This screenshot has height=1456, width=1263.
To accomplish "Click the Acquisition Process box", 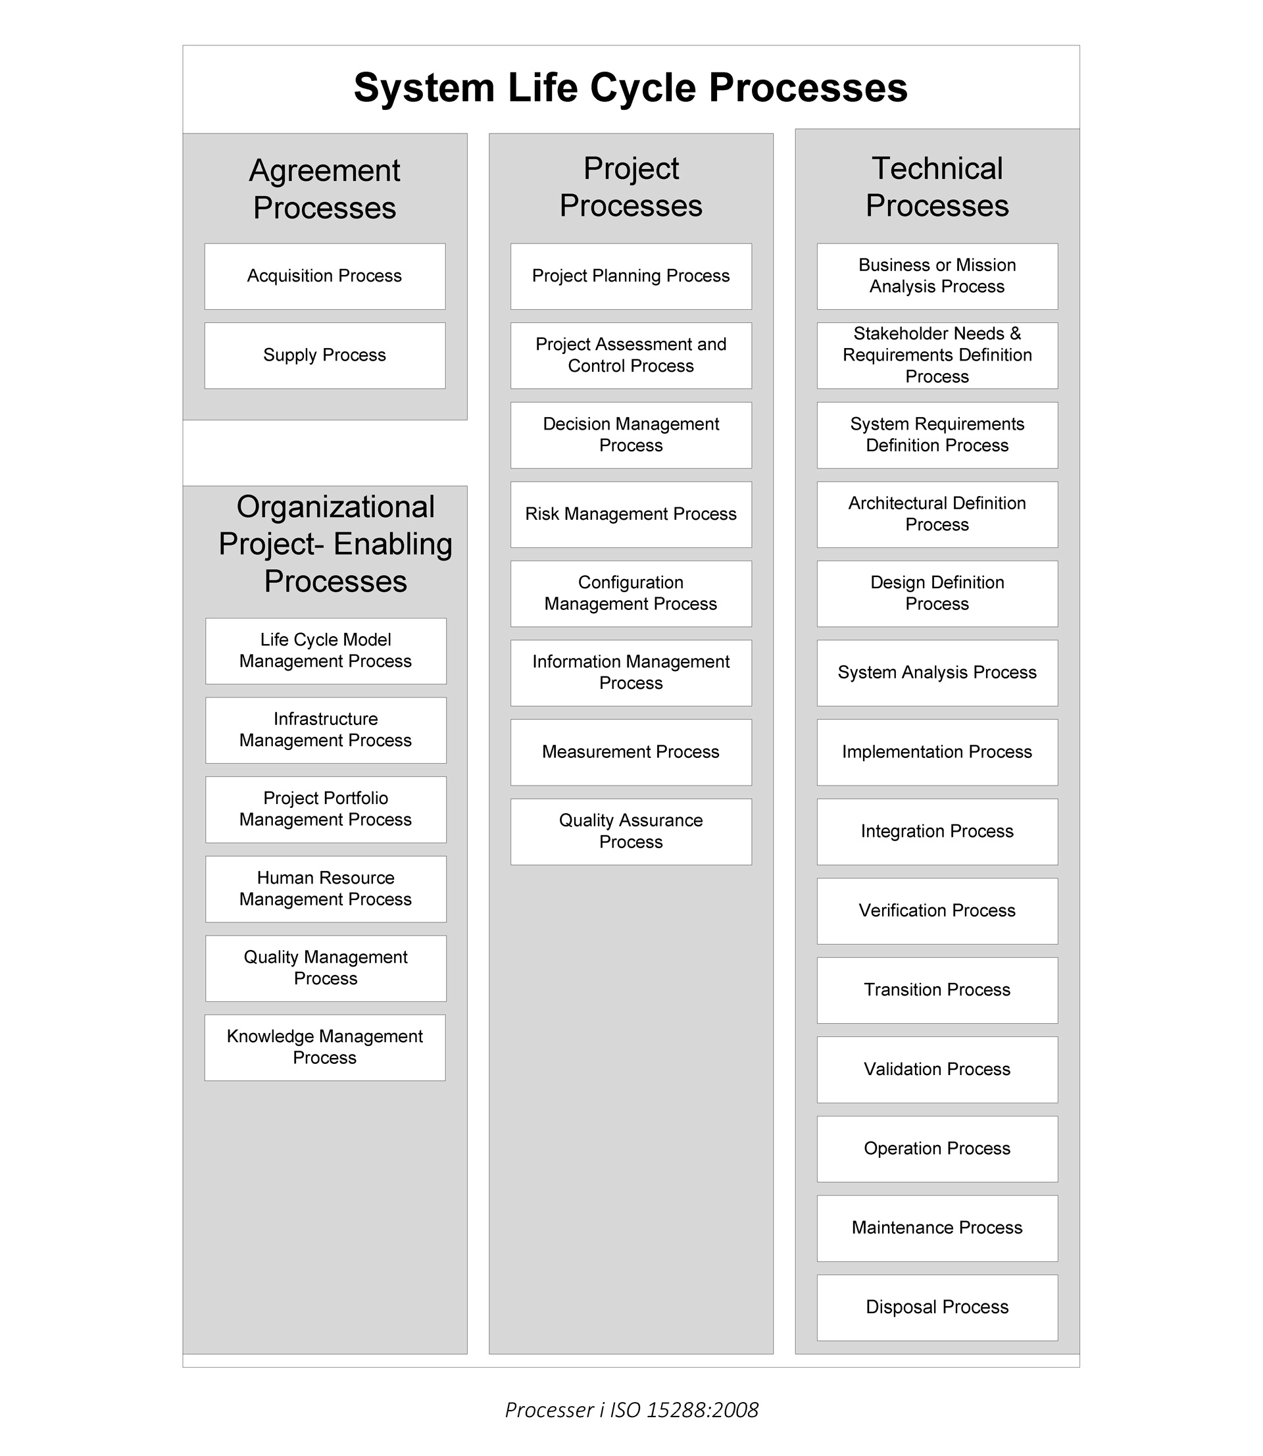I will (324, 276).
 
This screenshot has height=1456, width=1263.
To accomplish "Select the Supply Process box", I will (324, 355).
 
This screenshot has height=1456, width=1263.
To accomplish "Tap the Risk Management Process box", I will (631, 515).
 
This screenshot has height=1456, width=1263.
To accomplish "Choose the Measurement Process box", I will (631, 752).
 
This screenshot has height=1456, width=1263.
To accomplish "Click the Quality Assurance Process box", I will (631, 832).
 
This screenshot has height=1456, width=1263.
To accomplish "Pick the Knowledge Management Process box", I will (324, 1047).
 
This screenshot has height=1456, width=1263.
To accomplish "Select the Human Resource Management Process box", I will (326, 889).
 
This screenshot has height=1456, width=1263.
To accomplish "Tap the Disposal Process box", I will (937, 1307).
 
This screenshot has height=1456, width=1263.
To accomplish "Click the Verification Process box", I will (937, 911).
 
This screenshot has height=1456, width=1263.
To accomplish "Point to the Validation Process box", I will (937, 1069).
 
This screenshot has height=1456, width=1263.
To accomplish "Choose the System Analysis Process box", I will (937, 673).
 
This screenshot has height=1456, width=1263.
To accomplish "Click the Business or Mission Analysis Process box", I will (937, 276).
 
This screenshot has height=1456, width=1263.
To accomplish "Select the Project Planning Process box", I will (631, 276).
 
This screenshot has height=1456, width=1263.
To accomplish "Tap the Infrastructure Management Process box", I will (326, 730).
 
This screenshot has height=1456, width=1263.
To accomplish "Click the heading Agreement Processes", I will (324, 189).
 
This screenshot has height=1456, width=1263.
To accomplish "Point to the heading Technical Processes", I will (937, 187).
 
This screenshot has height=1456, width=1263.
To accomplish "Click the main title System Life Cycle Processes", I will (631, 88).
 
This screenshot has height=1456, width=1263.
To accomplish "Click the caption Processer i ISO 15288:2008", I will (631, 1409).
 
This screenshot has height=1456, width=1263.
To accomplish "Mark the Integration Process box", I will (937, 832).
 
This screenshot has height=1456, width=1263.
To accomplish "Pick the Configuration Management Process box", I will (631, 593).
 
